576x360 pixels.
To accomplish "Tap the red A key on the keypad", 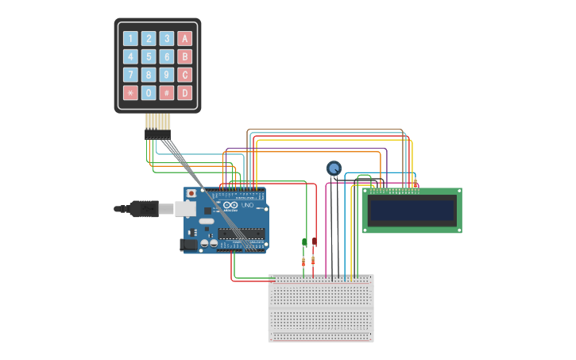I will tap(185, 38).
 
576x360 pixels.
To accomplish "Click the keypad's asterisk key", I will tap(130, 93).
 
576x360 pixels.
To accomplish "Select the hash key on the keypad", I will tap(167, 93).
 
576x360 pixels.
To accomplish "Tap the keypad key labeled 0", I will tap(149, 93).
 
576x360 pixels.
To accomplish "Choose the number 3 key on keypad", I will tap(167, 38).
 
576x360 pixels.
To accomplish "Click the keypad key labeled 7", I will tap(130, 75).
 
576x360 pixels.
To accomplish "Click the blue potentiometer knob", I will tap(334, 168).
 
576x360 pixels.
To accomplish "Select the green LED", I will tap(304, 242).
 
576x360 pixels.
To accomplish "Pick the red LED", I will tap(314, 242).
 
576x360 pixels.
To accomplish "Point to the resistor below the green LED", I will tap(303, 261).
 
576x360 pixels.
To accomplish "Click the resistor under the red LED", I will tap(313, 261).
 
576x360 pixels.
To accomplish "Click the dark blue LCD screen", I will tap(412, 210).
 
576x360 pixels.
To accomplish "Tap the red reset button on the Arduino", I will tap(191, 193).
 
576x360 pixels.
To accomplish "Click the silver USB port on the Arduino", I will tap(184, 208).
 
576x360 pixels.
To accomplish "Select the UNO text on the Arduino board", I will tap(249, 206).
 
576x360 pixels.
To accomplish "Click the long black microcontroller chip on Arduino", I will tap(242, 233).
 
